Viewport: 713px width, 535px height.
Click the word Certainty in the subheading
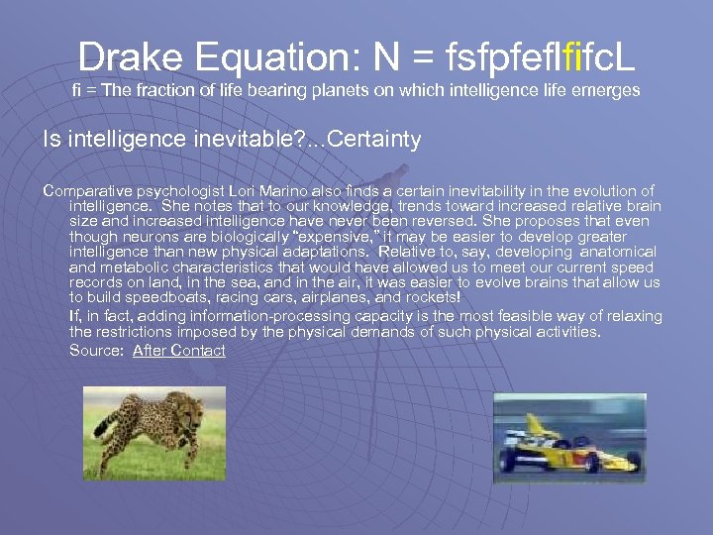coord(373,140)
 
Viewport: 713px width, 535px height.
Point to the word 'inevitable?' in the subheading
coord(239,140)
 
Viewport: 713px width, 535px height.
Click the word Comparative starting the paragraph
coord(86,190)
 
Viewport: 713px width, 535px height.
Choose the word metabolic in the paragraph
coord(135,267)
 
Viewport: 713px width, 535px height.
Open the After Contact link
coord(178,350)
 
